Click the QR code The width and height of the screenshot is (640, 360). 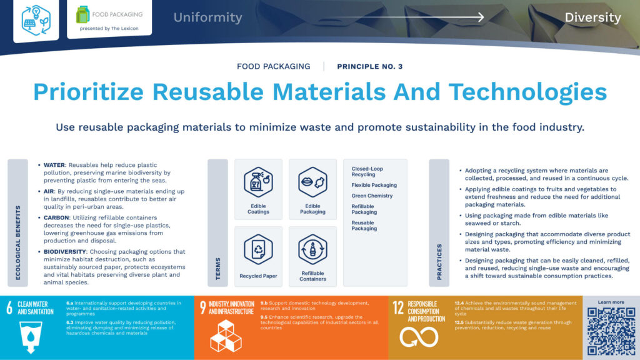611,331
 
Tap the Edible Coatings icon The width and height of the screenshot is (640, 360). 258,182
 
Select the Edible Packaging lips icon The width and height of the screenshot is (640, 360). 312,182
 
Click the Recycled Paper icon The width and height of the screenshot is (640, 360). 258,249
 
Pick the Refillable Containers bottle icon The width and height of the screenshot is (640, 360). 312,249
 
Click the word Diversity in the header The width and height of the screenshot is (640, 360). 592,17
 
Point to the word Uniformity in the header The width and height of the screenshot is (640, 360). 207,17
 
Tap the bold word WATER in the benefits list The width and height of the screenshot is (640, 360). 54,166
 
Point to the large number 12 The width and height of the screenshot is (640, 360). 398,307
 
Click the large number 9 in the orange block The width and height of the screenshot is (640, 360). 202,307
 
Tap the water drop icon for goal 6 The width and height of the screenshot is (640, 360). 30,337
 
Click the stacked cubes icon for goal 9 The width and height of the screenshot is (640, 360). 225,337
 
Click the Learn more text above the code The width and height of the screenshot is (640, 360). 611,302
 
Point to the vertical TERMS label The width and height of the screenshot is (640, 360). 218,268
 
